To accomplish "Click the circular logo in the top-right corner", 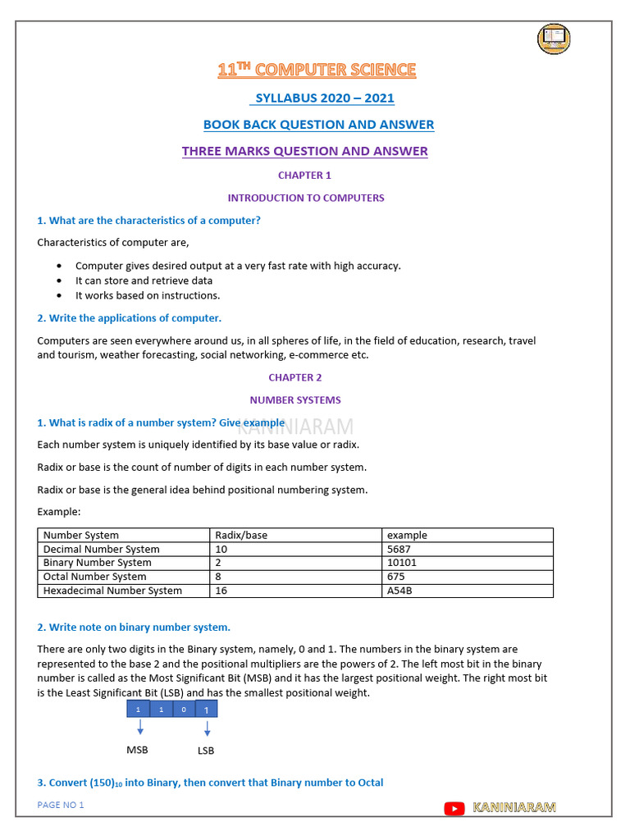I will [554, 39].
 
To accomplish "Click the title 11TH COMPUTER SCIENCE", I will [317, 71].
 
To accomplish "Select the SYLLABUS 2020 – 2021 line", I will [324, 98].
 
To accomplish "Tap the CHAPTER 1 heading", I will [304, 175].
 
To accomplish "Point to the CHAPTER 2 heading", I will [295, 377].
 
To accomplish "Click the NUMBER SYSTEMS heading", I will [295, 400].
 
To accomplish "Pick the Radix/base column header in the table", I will [241, 535].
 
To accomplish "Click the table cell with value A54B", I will [399, 591].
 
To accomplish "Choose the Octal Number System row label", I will [95, 577].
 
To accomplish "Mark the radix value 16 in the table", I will [221, 591].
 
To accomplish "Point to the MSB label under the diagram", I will [137, 750].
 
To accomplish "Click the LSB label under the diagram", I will [206, 750].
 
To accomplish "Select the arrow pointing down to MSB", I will [139, 727].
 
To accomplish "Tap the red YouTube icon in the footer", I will [454, 809].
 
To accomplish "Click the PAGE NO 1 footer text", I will [61, 805].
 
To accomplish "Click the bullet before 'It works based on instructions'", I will [60, 295].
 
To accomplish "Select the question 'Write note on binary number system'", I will [134, 628].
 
